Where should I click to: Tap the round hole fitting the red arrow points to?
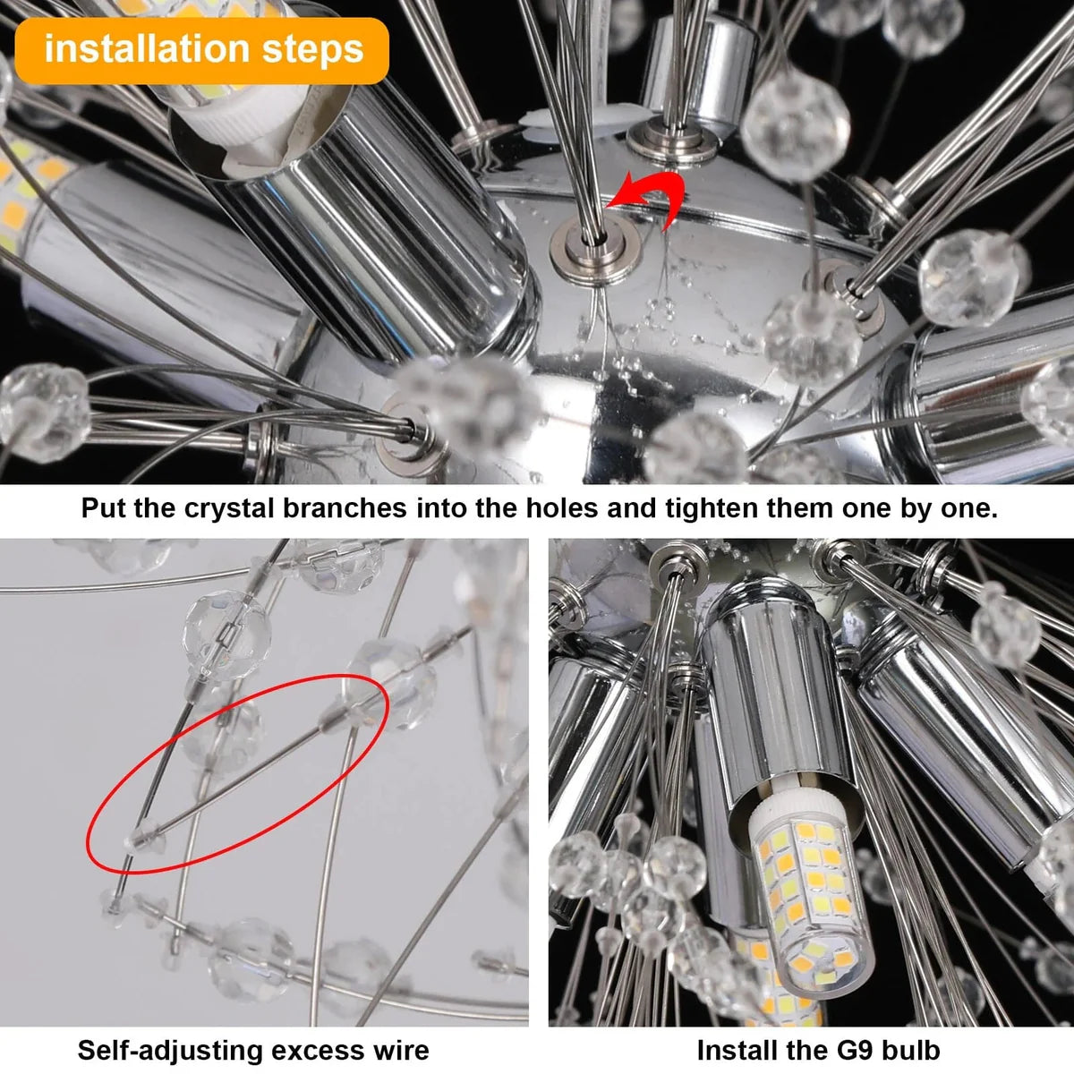594,244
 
